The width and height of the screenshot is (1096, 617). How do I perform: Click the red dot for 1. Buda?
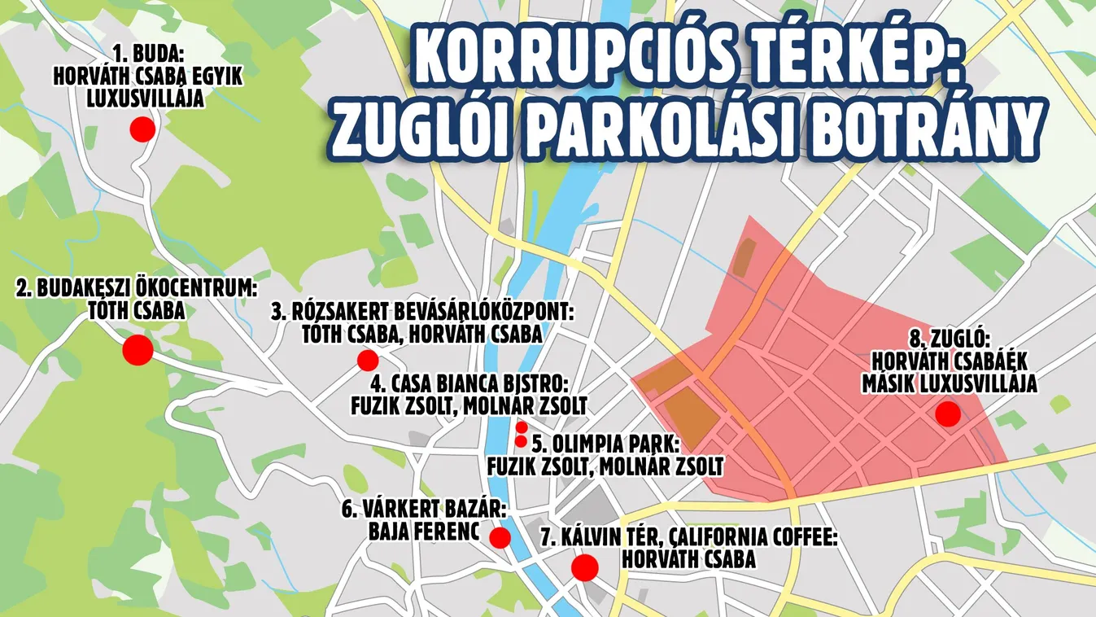(142, 129)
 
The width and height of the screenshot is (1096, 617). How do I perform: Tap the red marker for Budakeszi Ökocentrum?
(138, 350)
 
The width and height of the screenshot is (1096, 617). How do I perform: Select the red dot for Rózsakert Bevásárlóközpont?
(368, 360)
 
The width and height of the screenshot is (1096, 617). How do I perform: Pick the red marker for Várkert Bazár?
(500, 537)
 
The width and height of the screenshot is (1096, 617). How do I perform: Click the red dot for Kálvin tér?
(584, 567)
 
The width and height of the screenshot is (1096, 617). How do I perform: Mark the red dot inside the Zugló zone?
(947, 414)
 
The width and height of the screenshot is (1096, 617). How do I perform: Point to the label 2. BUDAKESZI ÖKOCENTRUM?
(137, 289)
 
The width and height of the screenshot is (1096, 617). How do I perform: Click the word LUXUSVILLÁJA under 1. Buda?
(146, 98)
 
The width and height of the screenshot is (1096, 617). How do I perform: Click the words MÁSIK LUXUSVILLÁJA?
(950, 383)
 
